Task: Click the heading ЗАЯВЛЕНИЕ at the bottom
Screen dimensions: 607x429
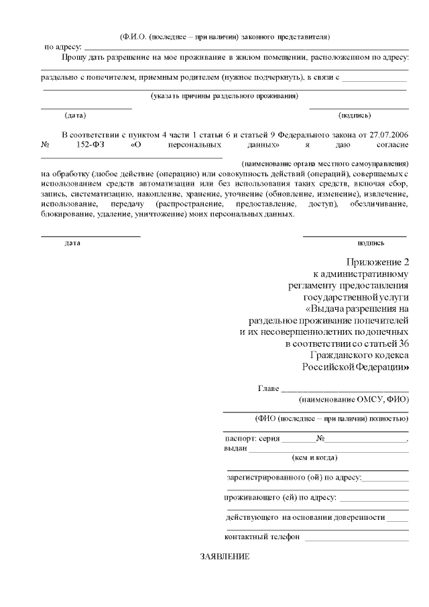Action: pyautogui.click(x=225, y=557)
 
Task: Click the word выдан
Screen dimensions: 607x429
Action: pyautogui.click(x=235, y=448)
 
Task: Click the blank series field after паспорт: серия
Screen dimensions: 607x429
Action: pyautogui.click(x=298, y=440)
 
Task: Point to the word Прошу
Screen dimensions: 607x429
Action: pyautogui.click(x=73, y=58)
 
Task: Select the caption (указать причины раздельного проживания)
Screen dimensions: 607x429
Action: pyautogui.click(x=224, y=96)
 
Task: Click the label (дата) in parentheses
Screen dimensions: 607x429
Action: pyautogui.click(x=74, y=115)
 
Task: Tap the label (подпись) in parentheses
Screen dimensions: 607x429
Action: pyautogui.click(x=355, y=115)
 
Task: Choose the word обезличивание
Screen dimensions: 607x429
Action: pyautogui.click(x=379, y=203)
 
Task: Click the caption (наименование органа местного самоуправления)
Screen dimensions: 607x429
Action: pyautogui.click(x=325, y=164)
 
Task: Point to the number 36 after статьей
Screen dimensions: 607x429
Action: pyautogui.click(x=402, y=344)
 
